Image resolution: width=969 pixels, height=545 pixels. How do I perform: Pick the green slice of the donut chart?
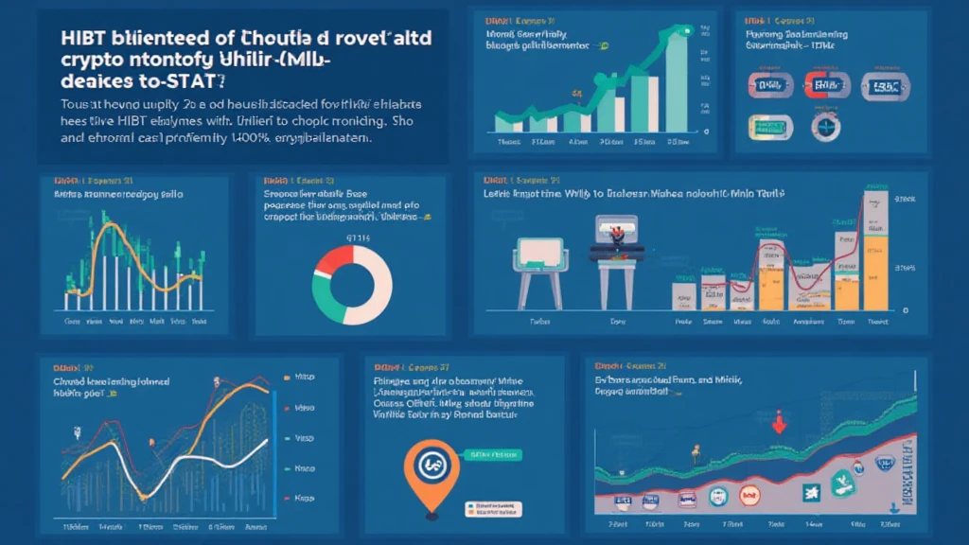click(327, 294)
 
